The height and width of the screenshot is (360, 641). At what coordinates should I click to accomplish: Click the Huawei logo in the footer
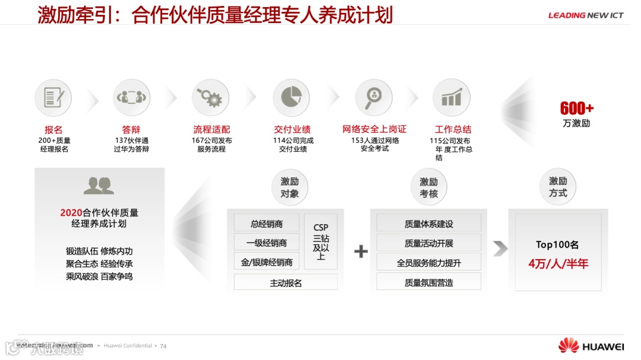click(591, 346)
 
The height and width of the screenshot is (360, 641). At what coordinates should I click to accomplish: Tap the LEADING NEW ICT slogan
click(585, 15)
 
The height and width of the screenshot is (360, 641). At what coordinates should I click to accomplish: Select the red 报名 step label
click(53, 129)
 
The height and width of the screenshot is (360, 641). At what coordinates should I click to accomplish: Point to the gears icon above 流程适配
click(210, 97)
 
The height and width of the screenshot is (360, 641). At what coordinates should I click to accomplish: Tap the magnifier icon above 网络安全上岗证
click(373, 97)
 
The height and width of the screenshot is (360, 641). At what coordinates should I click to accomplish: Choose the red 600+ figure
click(576, 109)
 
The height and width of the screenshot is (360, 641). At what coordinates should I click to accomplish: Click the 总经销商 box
click(266, 224)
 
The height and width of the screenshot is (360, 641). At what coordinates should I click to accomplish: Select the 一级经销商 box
click(266, 243)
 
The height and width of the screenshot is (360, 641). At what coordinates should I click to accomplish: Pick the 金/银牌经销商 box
click(266, 262)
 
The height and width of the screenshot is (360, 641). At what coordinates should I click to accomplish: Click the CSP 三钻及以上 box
click(320, 242)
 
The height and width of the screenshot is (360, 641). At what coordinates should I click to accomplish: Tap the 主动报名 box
click(285, 282)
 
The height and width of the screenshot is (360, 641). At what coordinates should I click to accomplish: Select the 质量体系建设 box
click(429, 224)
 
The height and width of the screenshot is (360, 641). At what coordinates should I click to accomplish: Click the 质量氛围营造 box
click(429, 282)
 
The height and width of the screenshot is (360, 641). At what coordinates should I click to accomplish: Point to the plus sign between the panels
click(361, 251)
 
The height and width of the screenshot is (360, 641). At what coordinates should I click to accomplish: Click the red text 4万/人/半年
click(558, 264)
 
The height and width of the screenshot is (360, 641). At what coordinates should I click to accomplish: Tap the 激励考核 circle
click(429, 187)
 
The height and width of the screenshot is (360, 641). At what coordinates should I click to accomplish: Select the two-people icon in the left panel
click(99, 186)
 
